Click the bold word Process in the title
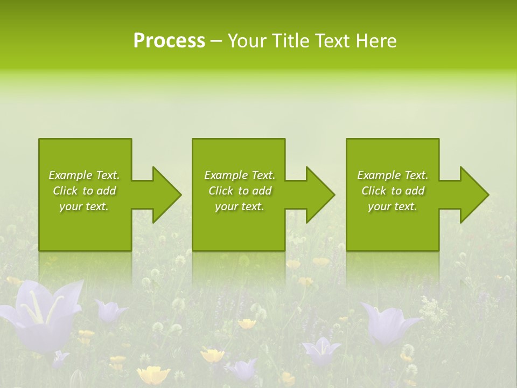[x=169, y=41]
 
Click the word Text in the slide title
[x=333, y=41]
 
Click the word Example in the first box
[x=71, y=175]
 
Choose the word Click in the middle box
[x=220, y=191]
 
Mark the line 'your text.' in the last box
[x=392, y=206]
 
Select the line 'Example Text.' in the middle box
[x=240, y=175]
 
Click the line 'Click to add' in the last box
[x=393, y=191]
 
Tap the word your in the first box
[x=70, y=207]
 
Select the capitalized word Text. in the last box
[x=416, y=175]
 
